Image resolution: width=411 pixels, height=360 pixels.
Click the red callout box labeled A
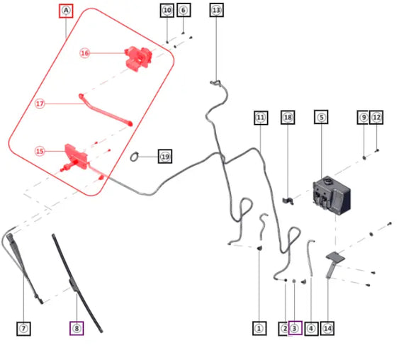click(66, 11)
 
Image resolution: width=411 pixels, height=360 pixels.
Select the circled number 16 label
click(84, 53)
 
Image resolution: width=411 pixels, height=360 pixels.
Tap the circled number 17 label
click(40, 104)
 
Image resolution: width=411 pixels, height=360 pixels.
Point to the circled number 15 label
click(40, 151)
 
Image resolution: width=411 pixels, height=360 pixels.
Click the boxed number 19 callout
click(165, 157)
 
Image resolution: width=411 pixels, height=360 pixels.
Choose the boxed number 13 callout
click(217, 10)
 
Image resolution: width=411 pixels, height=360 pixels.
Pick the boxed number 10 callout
click(167, 11)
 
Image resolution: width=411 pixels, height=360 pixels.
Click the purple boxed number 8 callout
click(77, 328)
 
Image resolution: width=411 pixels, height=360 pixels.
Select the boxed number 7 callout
click(23, 329)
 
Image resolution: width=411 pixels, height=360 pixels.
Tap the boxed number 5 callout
click(321, 117)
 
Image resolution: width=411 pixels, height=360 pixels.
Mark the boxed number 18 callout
click(288, 117)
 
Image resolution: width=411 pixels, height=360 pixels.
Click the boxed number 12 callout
click(376, 117)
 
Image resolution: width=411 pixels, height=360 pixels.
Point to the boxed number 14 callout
click(327, 329)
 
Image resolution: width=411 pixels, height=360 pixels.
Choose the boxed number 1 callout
click(259, 328)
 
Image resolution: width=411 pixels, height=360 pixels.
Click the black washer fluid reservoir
click(332, 196)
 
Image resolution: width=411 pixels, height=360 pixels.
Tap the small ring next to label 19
click(134, 157)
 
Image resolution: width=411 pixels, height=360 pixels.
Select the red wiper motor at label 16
click(138, 58)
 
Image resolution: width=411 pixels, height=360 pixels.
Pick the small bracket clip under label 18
click(288, 201)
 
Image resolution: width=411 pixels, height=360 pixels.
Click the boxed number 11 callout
click(261, 118)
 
